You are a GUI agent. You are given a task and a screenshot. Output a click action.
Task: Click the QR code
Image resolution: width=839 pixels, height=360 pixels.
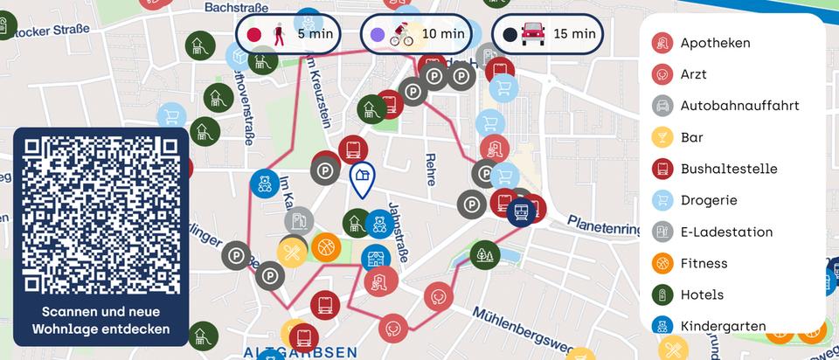coord(101,214)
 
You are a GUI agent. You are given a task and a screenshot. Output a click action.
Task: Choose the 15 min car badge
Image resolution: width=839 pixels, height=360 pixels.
coord(549,35)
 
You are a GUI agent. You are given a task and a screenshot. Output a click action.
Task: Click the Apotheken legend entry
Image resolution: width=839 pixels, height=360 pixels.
coord(714,43)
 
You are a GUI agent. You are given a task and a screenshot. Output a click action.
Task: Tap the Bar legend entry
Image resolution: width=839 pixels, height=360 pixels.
coord(690,137)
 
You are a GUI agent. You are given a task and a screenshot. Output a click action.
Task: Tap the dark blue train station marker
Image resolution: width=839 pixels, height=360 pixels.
coord(522,211)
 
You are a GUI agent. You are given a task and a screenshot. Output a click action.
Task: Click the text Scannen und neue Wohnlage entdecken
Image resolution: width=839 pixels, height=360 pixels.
coord(101,321)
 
